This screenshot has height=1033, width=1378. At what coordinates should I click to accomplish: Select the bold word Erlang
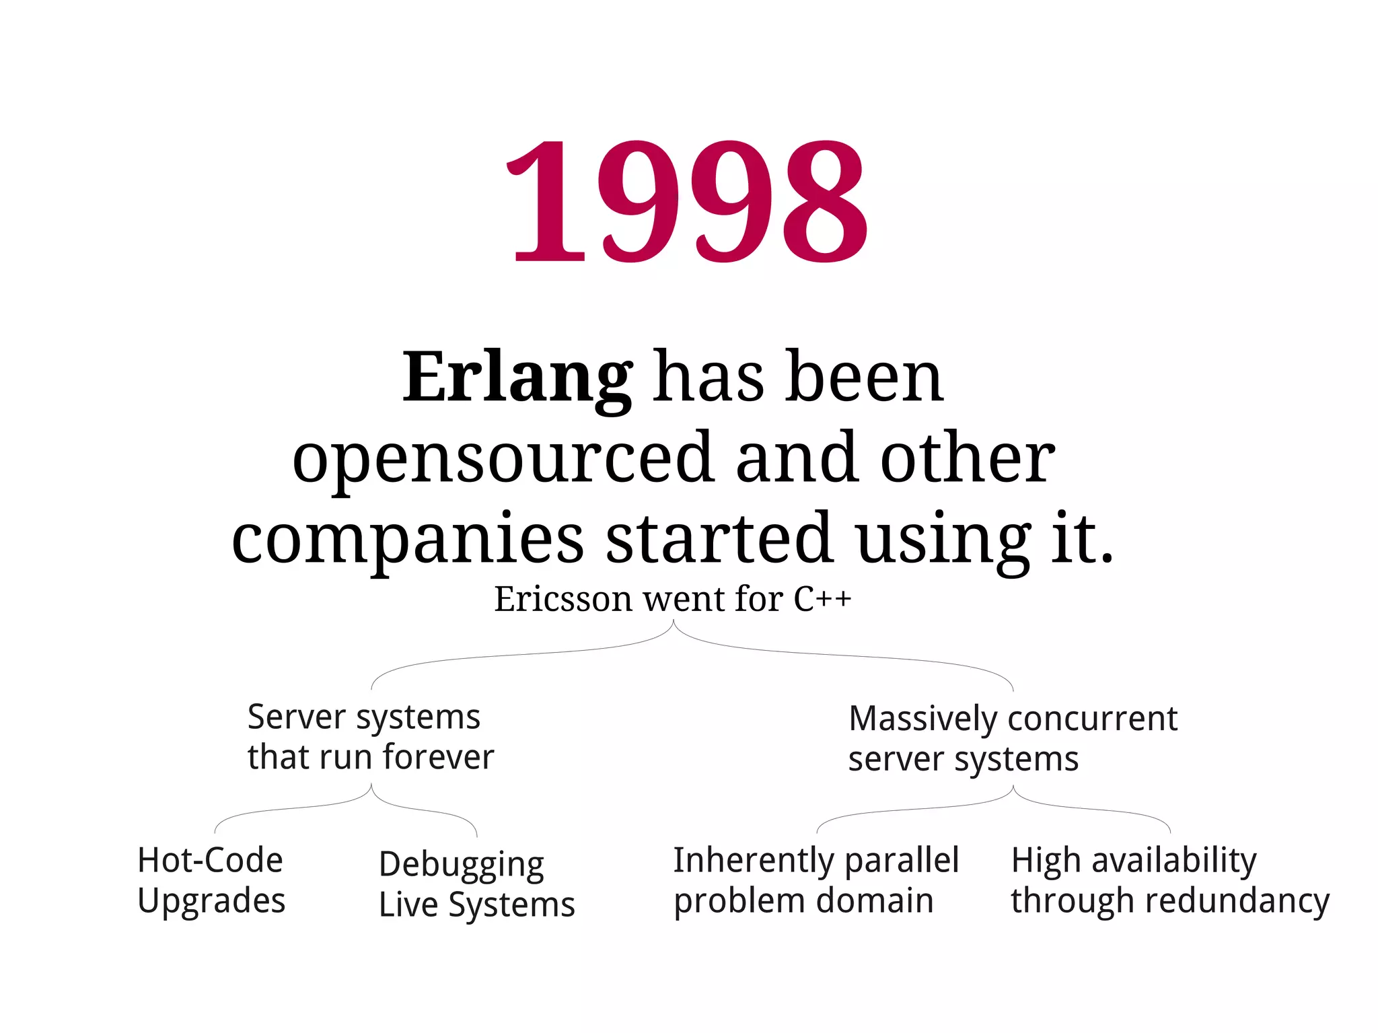click(x=517, y=378)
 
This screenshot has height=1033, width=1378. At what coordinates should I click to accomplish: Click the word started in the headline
click(x=719, y=538)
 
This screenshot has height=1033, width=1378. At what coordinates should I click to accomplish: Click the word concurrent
click(x=1091, y=718)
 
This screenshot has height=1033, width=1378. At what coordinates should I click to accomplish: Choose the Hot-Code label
click(x=210, y=860)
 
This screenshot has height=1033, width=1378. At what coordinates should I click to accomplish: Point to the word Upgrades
click(x=211, y=901)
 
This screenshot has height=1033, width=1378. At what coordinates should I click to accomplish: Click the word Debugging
click(x=462, y=865)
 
